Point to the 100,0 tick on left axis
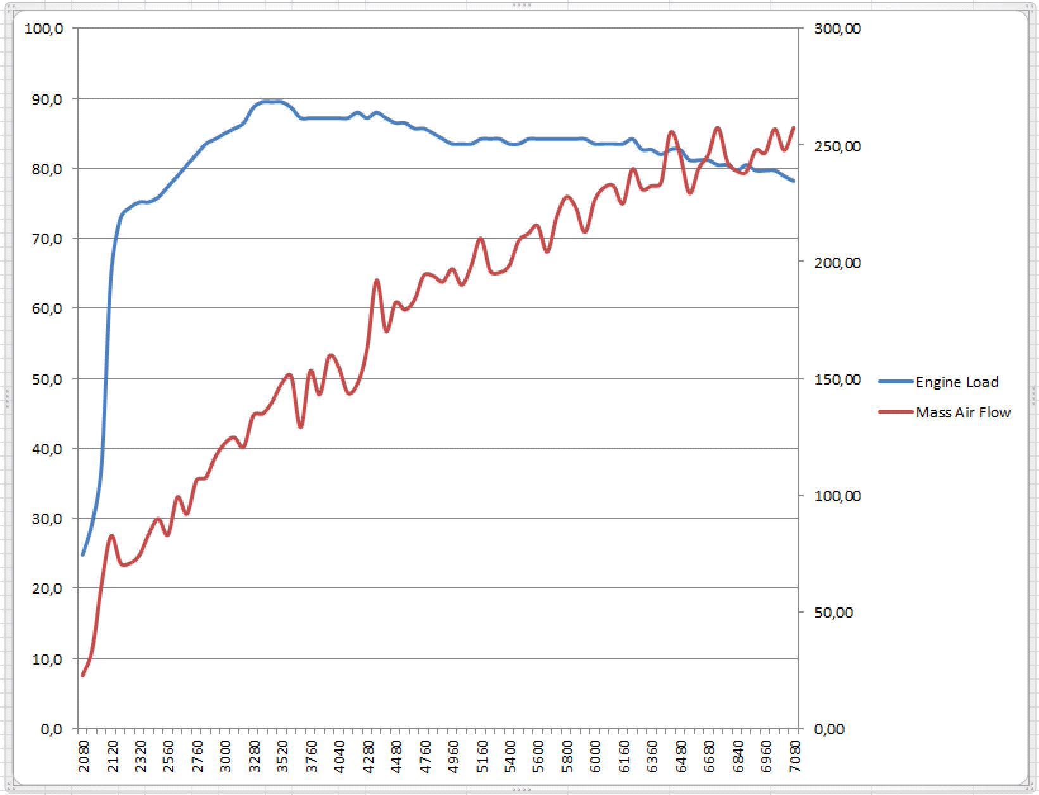44,29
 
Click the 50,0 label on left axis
47,379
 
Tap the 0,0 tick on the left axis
51,729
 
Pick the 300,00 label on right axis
837,29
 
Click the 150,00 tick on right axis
837,379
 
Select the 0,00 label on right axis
829,729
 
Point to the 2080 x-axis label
84,756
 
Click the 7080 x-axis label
795,756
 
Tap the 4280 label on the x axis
368,756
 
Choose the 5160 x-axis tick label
482,756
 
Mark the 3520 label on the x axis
283,756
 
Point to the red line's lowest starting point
83,675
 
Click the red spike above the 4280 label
377,280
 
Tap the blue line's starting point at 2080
83,555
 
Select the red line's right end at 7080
794,128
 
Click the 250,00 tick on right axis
837,146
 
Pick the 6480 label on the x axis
681,756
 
